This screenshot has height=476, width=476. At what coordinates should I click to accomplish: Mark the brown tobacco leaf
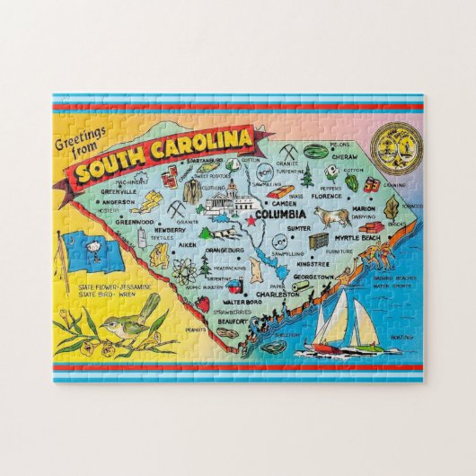(392, 208)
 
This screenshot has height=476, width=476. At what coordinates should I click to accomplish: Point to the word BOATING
(400, 338)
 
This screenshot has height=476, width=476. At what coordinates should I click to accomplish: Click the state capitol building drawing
(220, 199)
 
